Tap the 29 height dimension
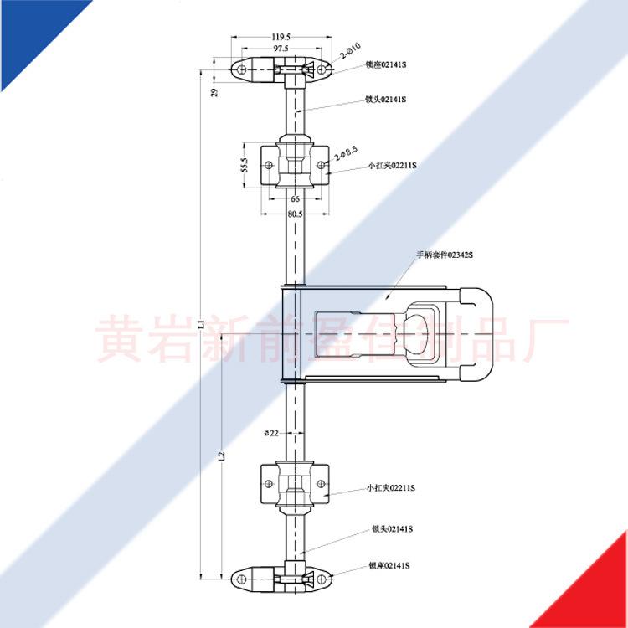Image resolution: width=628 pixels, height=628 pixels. click(x=214, y=92)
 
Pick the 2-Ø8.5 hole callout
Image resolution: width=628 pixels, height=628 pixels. click(x=346, y=153)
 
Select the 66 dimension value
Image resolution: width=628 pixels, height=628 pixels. click(x=295, y=199)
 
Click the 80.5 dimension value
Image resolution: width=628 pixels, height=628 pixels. click(x=294, y=214)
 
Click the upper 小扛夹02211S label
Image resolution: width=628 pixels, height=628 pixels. click(x=392, y=166)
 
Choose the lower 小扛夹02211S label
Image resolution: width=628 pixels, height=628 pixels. click(x=392, y=487)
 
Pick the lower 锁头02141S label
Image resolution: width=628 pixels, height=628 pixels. click(x=392, y=529)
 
